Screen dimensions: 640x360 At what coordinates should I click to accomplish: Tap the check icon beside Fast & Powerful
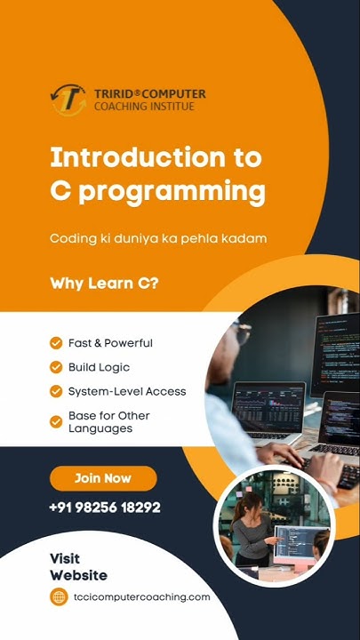tap(56, 343)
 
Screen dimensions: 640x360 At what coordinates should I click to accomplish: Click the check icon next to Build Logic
tap(56, 367)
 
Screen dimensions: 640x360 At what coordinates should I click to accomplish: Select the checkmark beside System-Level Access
tap(56, 391)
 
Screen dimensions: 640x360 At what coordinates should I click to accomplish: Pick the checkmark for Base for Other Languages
tap(56, 421)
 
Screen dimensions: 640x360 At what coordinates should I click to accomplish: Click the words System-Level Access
tap(127, 391)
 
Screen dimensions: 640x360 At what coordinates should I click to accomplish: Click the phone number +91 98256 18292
tap(105, 508)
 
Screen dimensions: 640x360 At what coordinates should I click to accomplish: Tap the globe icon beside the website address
tap(59, 597)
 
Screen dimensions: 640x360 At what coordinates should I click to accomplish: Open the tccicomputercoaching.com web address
tap(141, 597)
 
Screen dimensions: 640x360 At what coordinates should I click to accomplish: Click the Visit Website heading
tap(78, 567)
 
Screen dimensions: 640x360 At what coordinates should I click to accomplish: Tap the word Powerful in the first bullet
tap(128, 343)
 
